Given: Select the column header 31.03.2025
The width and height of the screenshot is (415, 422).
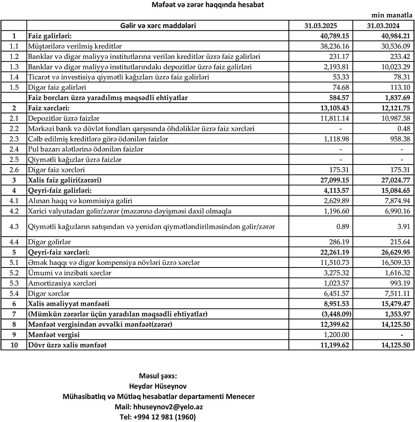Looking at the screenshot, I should click(322, 26).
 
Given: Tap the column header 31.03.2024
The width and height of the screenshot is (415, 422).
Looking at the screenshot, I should click(384, 26).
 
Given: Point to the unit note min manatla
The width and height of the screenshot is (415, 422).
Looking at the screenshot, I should click(391, 15).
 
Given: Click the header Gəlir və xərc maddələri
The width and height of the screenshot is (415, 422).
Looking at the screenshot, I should click(158, 26).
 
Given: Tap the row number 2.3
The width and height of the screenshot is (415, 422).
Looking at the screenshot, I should click(14, 139).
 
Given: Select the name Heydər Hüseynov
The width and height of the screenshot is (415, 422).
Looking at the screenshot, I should click(158, 386).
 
